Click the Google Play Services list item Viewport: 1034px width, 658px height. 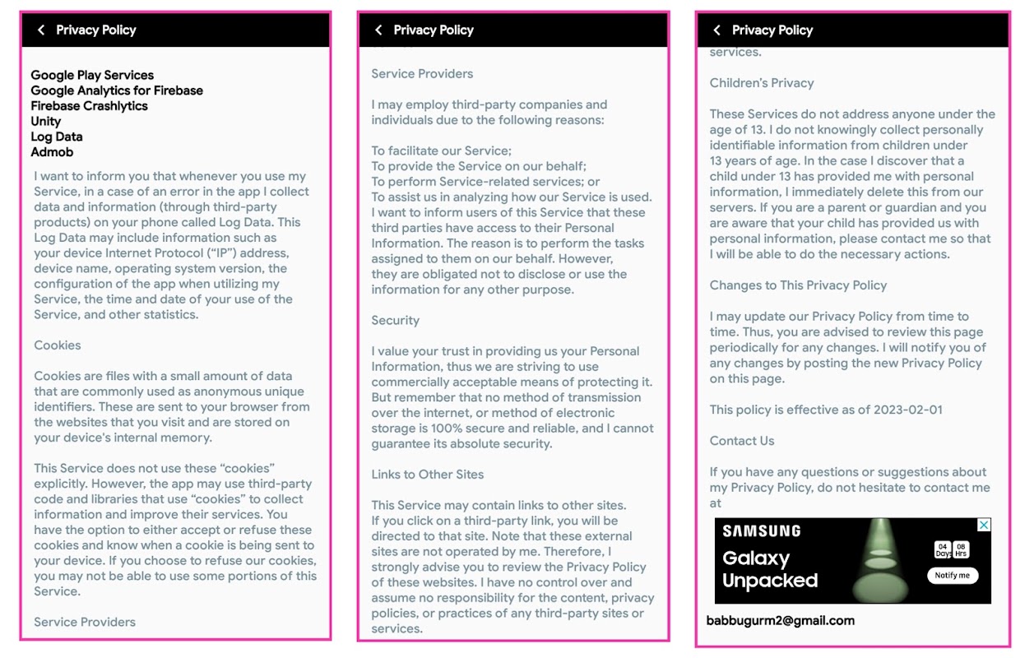[x=92, y=75]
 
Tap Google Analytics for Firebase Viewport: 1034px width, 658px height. [x=117, y=90]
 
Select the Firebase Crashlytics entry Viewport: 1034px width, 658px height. [x=89, y=106]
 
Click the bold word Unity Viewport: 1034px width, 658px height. [x=46, y=121]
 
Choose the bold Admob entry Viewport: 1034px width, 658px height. [x=52, y=152]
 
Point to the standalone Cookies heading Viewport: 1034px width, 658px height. [x=58, y=345]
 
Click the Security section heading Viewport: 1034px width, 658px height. [x=395, y=321]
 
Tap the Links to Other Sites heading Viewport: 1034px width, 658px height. [x=427, y=475]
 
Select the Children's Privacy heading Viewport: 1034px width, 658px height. [x=762, y=83]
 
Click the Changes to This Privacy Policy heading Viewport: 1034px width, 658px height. [x=798, y=285]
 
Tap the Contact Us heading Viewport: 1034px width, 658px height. [x=742, y=441]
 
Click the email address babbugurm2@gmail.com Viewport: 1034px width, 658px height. [x=781, y=621]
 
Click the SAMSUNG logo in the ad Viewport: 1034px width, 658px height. [x=762, y=531]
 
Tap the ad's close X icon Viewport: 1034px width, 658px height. [x=984, y=525]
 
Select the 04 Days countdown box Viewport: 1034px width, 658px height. [x=943, y=549]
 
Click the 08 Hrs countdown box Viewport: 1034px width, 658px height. [x=962, y=549]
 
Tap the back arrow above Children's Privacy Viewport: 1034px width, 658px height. [x=716, y=30]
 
